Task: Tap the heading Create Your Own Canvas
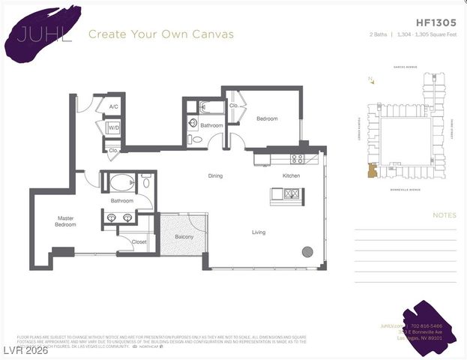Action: click(160, 34)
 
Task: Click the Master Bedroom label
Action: click(65, 221)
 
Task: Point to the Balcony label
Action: click(184, 237)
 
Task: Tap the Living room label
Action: click(258, 232)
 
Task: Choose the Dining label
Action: click(215, 175)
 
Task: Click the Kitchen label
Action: click(291, 175)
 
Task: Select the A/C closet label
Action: click(113, 107)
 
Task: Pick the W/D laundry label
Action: click(114, 127)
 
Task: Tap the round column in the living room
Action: click(307, 251)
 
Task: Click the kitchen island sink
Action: click(286, 195)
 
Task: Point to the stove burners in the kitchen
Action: click(297, 158)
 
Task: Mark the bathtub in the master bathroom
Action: click(122, 182)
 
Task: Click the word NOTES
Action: click(444, 215)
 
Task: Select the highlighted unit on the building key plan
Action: click(370, 171)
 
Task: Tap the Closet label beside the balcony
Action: click(139, 242)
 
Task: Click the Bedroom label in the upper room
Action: click(267, 118)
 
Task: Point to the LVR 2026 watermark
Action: click(26, 351)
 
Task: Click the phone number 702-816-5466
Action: click(426, 326)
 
